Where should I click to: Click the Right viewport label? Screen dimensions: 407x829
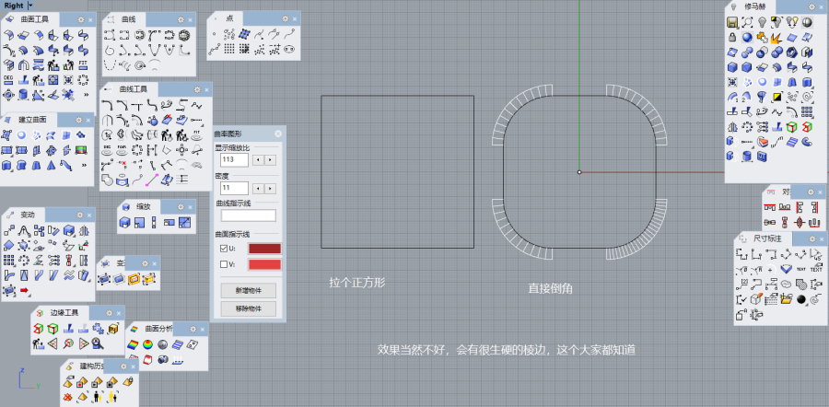pos(14,6)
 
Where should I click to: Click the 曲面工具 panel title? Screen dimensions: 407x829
pos(34,18)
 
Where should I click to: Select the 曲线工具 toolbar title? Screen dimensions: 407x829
pos(133,88)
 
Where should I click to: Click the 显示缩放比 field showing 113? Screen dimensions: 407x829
pos(233,159)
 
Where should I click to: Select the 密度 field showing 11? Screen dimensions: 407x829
pos(233,188)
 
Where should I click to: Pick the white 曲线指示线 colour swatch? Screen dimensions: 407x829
pos(248,215)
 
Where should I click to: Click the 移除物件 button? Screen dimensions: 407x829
pos(248,308)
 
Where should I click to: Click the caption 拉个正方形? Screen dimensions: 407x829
pos(356,283)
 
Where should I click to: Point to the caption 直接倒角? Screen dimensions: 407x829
pos(551,288)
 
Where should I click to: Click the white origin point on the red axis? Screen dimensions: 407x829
pos(579,172)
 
